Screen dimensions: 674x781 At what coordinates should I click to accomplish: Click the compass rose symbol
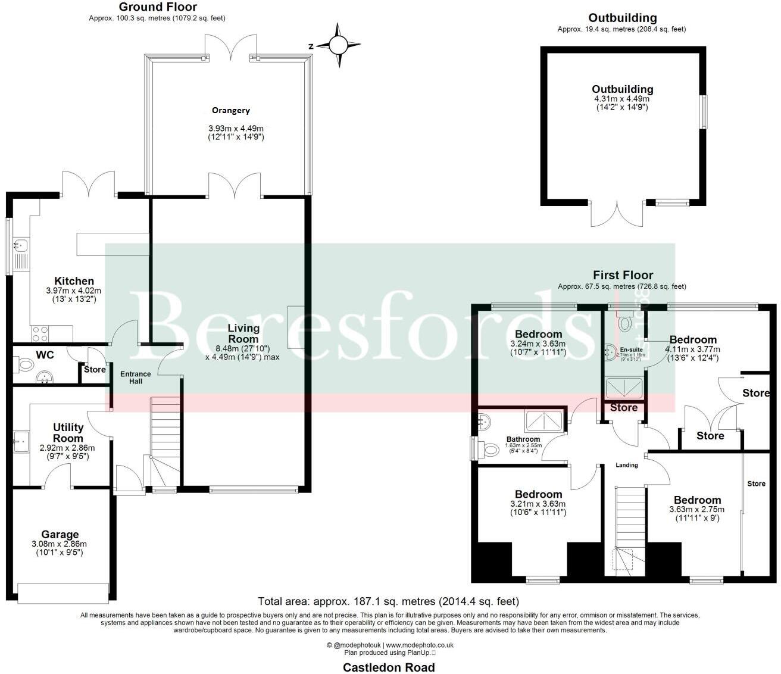click(338, 45)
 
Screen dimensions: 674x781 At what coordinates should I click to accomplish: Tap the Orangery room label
click(231, 110)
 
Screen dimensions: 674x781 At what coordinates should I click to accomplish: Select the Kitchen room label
click(74, 281)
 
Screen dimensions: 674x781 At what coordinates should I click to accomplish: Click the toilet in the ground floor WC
click(24, 363)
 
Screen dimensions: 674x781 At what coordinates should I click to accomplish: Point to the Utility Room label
click(68, 433)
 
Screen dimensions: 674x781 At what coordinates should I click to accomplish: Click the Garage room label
click(60, 535)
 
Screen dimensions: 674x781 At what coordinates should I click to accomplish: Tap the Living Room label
click(243, 333)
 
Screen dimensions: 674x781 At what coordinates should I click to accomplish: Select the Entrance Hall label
click(136, 377)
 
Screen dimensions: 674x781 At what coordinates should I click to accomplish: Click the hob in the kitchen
click(40, 333)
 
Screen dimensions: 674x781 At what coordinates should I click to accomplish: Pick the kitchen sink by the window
click(21, 244)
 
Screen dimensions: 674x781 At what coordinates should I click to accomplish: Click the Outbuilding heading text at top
click(622, 18)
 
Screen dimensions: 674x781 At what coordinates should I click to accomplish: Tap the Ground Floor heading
click(158, 7)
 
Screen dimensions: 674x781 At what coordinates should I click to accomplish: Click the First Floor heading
click(623, 275)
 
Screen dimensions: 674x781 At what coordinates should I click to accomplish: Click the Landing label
click(626, 465)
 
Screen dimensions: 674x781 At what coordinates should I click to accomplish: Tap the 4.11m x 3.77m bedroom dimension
click(692, 350)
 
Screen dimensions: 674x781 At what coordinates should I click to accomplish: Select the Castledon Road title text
click(389, 667)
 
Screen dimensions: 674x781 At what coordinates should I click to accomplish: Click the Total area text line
click(388, 601)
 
